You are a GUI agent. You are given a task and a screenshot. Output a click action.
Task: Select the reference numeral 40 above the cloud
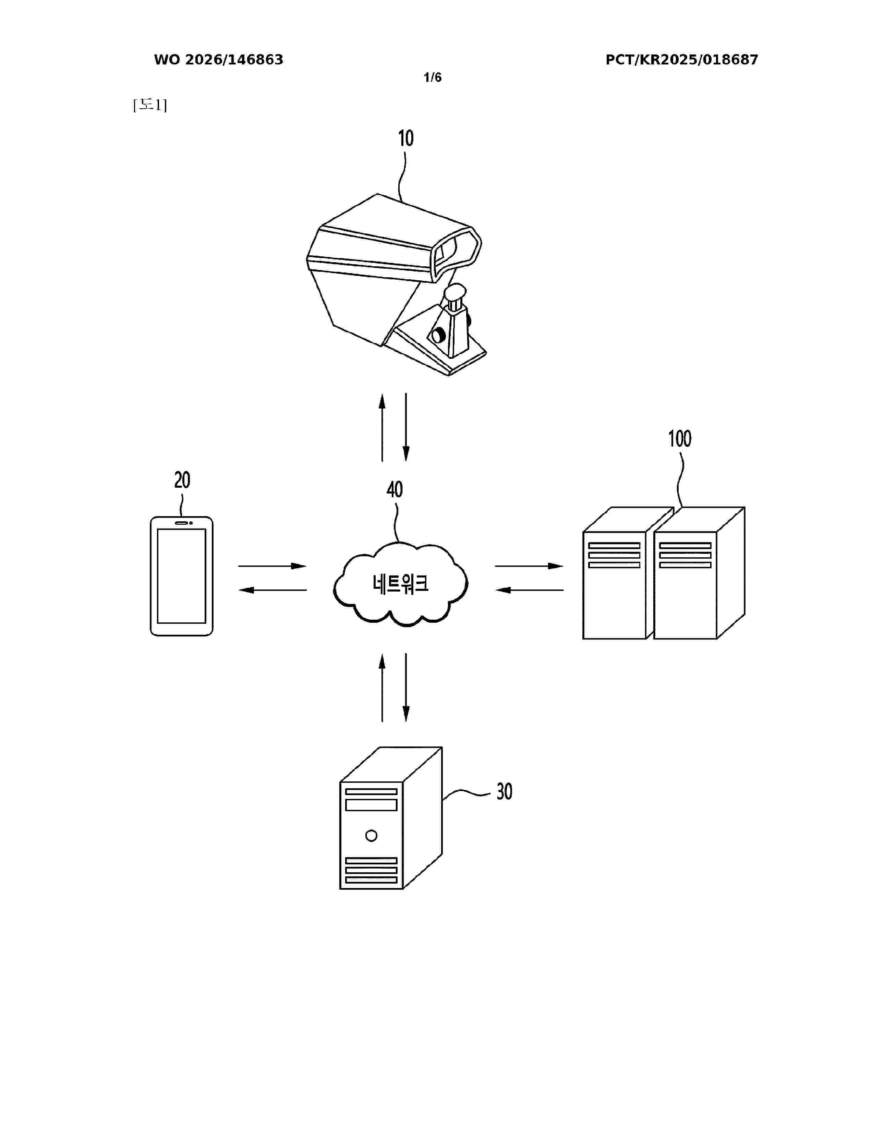point(394,489)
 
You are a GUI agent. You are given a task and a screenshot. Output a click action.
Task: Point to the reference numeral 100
point(679,439)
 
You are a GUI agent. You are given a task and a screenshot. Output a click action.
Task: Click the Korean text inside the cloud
point(400,584)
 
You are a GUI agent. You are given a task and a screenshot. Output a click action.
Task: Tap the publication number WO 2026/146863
point(219,60)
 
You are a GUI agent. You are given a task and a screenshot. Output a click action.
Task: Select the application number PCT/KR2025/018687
point(682,60)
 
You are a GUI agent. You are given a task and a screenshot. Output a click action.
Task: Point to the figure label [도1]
point(150,105)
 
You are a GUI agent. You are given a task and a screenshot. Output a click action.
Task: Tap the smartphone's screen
point(182,576)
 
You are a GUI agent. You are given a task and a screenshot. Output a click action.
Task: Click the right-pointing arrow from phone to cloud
point(272,566)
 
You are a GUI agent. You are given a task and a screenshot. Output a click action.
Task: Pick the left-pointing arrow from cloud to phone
point(272,590)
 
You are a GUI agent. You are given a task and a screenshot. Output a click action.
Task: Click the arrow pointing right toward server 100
point(529,566)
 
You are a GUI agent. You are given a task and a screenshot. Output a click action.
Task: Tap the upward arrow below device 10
point(382,427)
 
